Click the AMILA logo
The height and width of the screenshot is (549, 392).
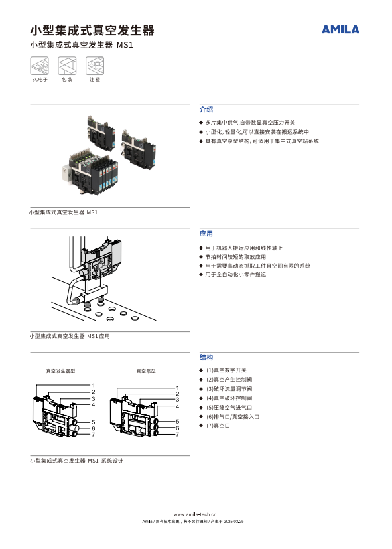coord(340,29)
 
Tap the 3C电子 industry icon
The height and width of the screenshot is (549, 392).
coord(40,66)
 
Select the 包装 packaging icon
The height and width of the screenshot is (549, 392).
coord(67,66)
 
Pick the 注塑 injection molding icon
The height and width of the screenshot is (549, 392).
coord(95,66)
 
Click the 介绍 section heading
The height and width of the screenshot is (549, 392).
coord(206,110)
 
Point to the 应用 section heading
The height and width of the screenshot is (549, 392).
coord(206,234)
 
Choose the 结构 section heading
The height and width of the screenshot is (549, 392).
coord(206,357)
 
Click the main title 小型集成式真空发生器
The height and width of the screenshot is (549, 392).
coord(92,30)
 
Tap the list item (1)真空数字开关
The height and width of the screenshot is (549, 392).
coord(226,370)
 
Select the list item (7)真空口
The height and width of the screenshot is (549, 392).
coord(218,426)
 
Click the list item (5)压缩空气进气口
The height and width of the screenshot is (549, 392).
coord(229,408)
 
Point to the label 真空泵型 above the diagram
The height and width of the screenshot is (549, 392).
coord(146,371)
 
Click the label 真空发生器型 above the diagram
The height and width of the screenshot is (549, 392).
coord(61,371)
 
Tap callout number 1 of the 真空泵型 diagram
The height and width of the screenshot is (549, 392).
coord(177,388)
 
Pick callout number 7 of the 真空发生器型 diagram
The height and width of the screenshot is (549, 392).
coord(94,435)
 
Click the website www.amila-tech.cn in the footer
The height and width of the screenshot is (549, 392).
coord(195,514)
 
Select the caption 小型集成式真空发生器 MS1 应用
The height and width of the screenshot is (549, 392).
coord(70,336)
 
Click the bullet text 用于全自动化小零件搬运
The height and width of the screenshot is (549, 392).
coord(235,275)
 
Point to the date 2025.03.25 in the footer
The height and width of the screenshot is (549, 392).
coord(233,522)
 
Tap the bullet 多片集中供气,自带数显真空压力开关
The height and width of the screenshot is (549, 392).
coord(250,123)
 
